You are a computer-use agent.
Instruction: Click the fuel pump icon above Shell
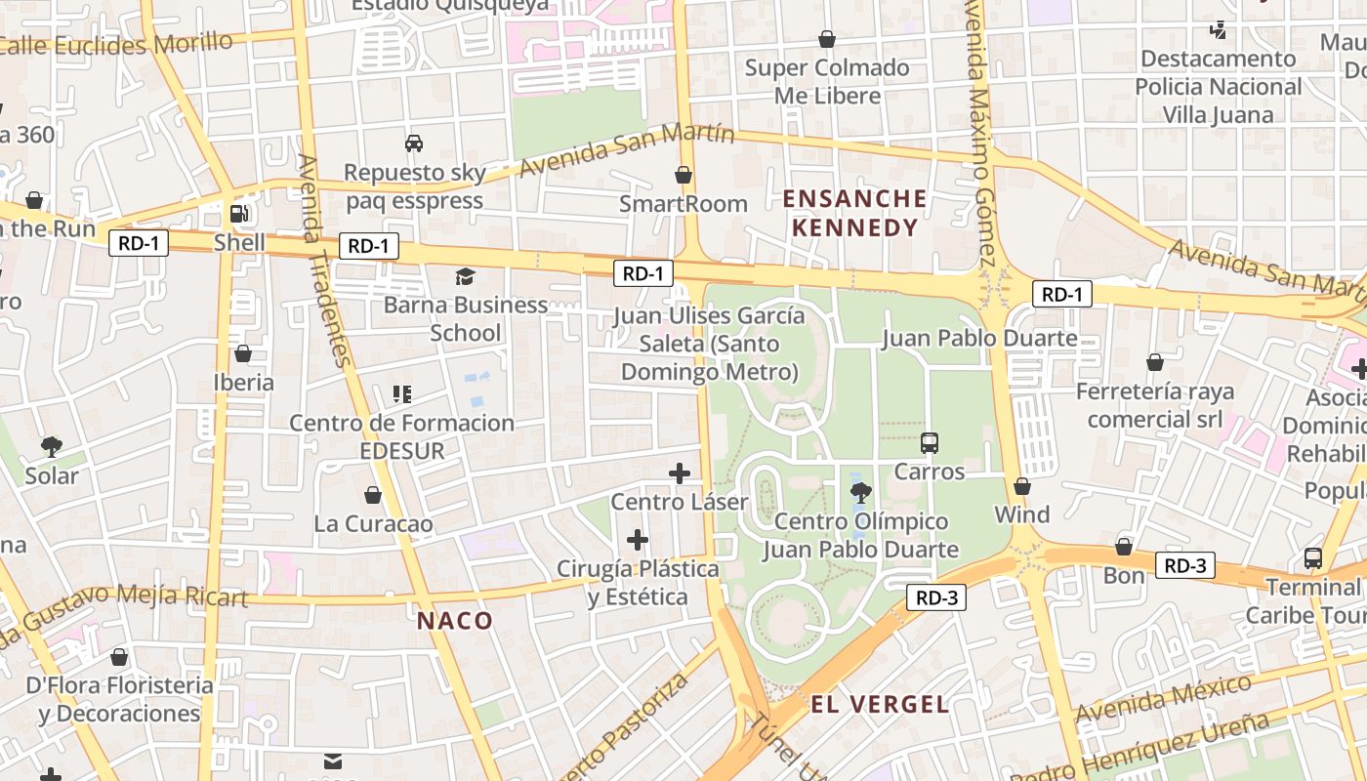238,213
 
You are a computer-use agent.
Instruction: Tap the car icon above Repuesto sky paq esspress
414,144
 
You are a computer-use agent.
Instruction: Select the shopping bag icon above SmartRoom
683,175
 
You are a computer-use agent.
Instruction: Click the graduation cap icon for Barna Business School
465,276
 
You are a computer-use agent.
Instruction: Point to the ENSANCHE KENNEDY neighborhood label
855,213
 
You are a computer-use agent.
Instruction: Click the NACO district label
455,620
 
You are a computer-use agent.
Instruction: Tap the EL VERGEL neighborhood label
879,704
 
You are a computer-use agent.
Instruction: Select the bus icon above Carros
930,442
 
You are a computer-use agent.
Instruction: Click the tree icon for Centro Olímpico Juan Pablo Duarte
860,492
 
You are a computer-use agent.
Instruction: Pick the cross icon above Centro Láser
680,473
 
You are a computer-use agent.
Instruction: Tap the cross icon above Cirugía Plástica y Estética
638,539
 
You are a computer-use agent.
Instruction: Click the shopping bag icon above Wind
1022,486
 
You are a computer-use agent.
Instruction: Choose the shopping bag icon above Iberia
243,352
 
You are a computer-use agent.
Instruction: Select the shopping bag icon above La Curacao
373,495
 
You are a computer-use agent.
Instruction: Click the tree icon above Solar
51,447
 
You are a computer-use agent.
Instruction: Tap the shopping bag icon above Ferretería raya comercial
1155,362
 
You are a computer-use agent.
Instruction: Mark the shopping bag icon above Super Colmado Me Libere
827,39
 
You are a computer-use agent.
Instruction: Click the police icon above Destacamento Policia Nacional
1218,29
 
